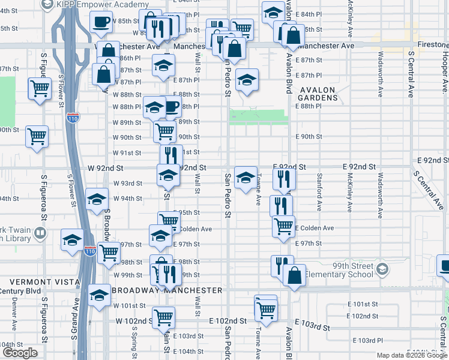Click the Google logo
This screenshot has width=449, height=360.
(x=20, y=353)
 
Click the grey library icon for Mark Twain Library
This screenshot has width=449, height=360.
(x=40, y=232)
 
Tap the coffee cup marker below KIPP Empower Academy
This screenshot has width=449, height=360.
(x=101, y=22)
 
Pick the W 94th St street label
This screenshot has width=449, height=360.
(x=127, y=199)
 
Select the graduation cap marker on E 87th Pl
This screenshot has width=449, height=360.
(x=246, y=80)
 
